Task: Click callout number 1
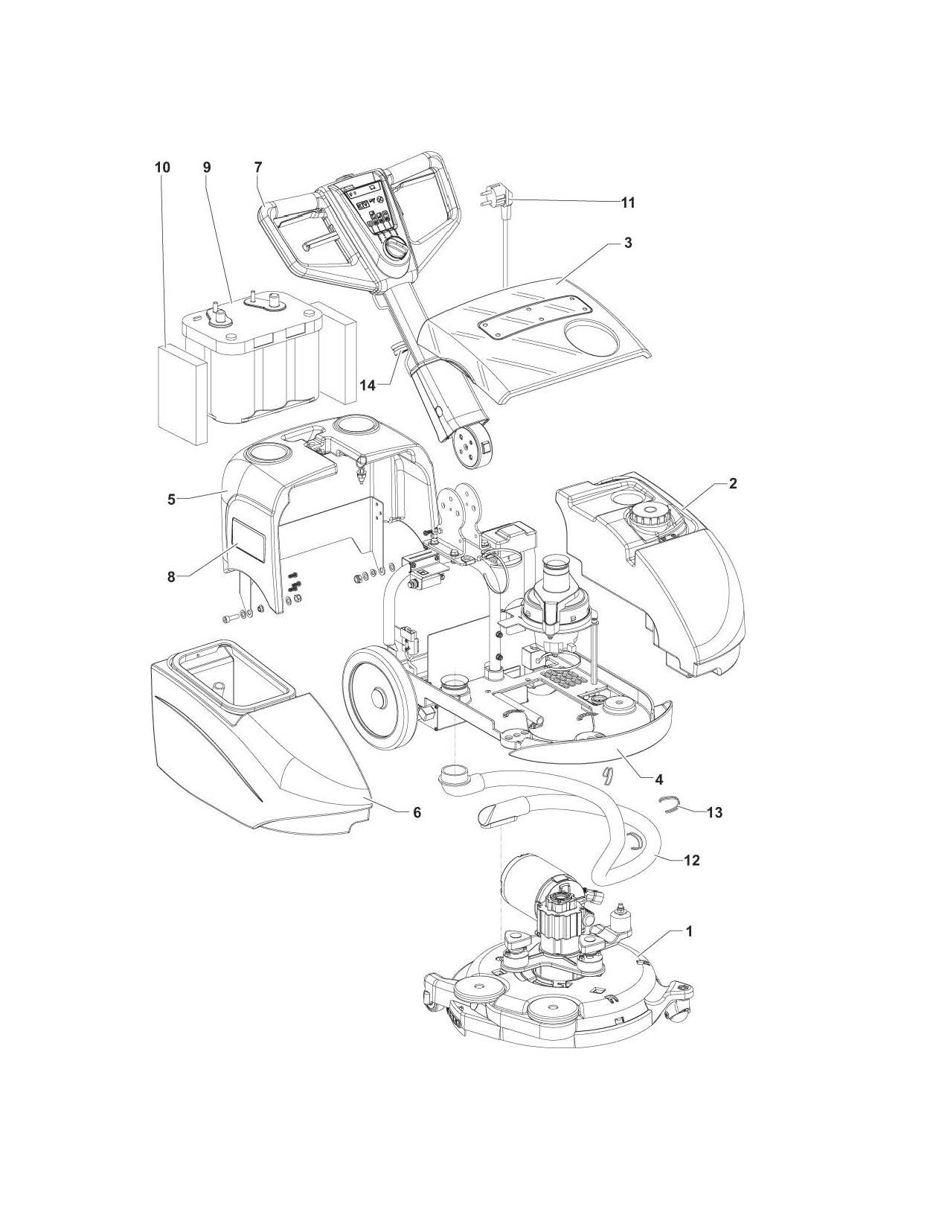click(689, 931)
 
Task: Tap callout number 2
click(733, 483)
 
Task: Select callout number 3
click(628, 243)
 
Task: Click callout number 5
click(172, 500)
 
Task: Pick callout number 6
click(417, 812)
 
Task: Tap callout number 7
click(257, 168)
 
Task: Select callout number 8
click(172, 576)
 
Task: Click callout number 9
click(207, 168)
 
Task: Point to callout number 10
click(162, 168)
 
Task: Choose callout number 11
click(628, 202)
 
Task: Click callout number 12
click(691, 860)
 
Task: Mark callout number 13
click(714, 812)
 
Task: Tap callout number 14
click(368, 385)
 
